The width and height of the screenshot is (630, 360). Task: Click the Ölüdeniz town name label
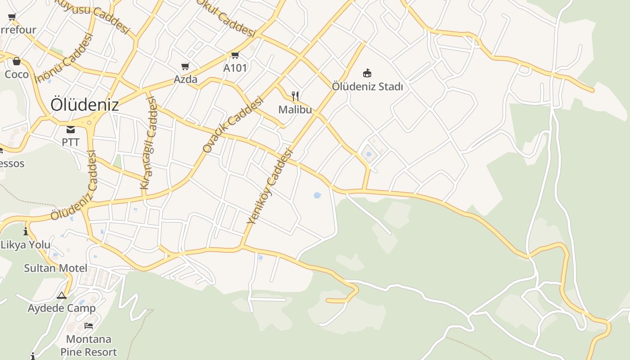click(x=85, y=105)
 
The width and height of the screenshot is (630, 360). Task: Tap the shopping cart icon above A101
click(x=235, y=55)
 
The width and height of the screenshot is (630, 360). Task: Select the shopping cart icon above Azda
click(x=185, y=67)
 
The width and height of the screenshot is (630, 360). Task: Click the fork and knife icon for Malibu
click(x=295, y=96)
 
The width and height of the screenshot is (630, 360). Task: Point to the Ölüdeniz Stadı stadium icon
click(x=367, y=73)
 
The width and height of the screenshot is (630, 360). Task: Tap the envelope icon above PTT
click(x=71, y=130)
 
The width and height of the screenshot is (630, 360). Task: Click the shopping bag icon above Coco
click(x=17, y=61)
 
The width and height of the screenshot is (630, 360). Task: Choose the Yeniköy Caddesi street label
click(x=270, y=186)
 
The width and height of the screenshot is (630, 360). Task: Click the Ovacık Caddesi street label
click(x=232, y=125)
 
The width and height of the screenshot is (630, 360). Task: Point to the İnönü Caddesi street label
click(x=63, y=58)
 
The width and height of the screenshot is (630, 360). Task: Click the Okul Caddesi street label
click(x=226, y=18)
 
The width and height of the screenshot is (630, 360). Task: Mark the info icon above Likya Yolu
click(x=26, y=232)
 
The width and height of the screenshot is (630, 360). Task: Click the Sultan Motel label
click(x=56, y=268)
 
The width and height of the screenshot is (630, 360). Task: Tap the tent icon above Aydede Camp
click(x=62, y=296)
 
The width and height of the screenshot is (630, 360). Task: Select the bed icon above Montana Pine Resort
click(x=89, y=326)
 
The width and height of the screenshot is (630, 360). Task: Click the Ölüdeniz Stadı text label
click(x=367, y=86)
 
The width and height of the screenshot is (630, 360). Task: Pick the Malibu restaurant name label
click(x=295, y=109)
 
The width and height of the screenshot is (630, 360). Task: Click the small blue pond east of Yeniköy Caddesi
click(x=317, y=195)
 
